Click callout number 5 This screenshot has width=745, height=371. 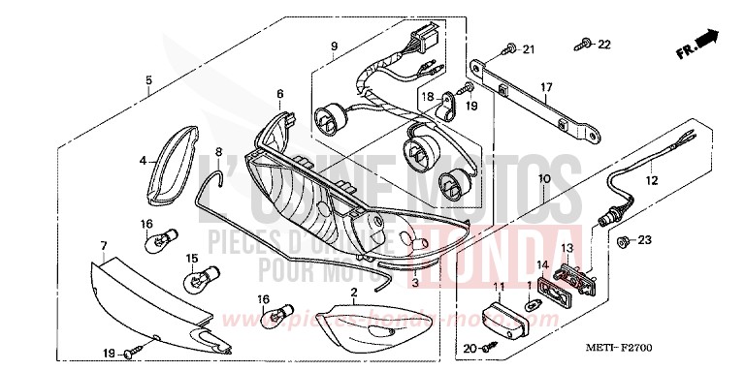[x=148, y=80]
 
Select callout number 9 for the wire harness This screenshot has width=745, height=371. [x=333, y=46]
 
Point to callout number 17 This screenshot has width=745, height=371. [x=547, y=86]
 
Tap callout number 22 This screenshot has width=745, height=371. [x=604, y=45]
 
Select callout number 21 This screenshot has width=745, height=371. [x=529, y=49]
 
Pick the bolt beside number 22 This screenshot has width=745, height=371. [x=585, y=43]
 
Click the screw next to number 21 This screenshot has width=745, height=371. [x=508, y=48]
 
